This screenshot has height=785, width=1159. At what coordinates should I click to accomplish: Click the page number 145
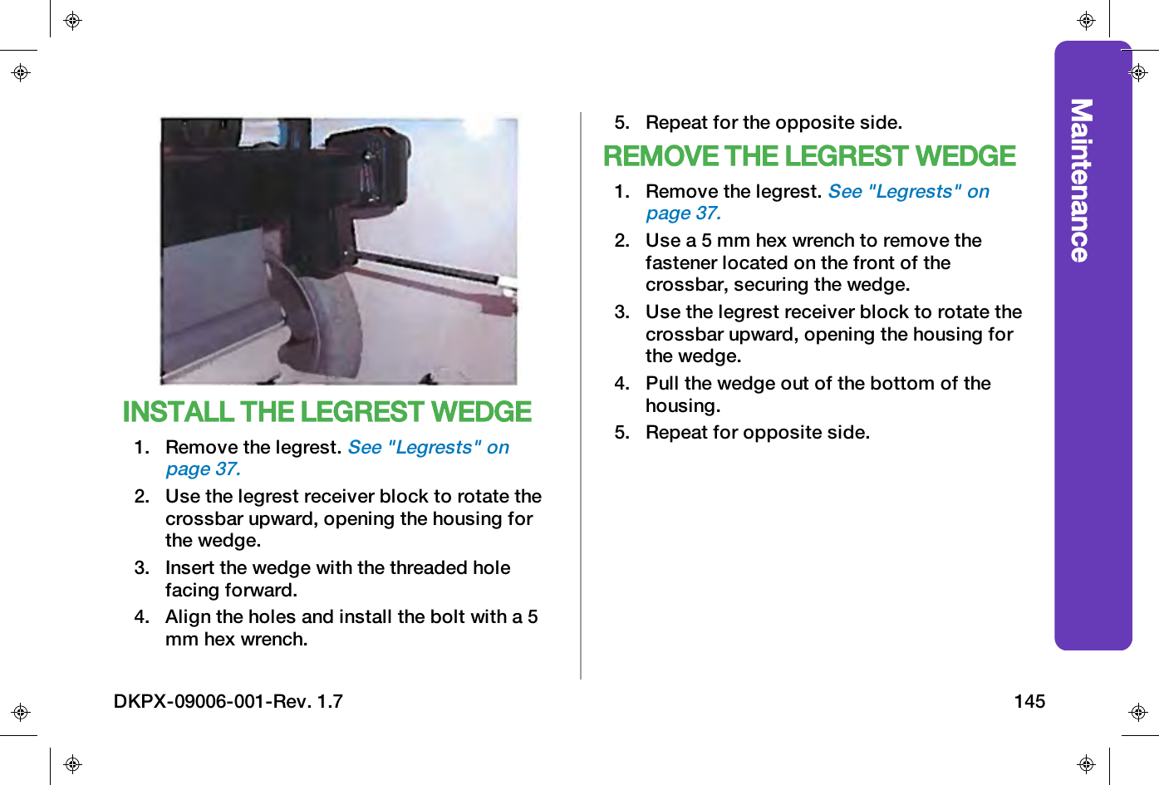click(x=1029, y=701)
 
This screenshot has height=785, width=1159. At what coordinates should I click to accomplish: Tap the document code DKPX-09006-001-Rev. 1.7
click(x=228, y=701)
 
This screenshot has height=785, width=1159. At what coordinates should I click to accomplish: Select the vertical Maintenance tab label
click(x=1080, y=180)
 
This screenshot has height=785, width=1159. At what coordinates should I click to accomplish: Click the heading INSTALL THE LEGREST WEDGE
click(x=327, y=412)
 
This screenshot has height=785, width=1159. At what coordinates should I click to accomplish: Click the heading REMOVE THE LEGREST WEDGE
click(x=809, y=156)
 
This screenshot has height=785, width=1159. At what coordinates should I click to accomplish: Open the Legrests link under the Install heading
click(x=428, y=448)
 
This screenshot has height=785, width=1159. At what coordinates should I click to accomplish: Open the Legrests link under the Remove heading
click(x=908, y=192)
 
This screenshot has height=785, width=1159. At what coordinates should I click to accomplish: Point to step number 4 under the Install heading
click(x=141, y=617)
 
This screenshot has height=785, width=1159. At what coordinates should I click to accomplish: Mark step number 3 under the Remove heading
click(x=621, y=312)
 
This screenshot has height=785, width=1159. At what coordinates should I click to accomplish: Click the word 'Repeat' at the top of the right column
click(x=676, y=123)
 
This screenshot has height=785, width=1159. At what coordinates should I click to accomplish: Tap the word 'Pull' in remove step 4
click(x=662, y=384)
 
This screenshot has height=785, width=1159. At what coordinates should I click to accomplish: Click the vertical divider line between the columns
click(x=581, y=399)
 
